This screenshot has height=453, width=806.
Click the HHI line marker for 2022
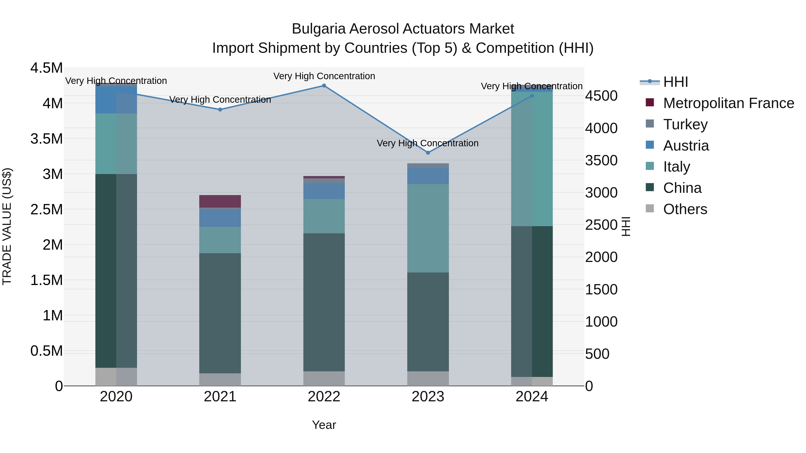coord(324,86)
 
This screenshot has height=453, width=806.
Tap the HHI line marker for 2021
coord(220,109)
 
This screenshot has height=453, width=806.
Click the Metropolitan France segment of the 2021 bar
coord(220,201)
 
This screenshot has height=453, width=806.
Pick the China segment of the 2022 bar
coord(324,302)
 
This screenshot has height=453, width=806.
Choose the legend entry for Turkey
coord(685,124)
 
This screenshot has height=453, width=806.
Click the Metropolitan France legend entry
coord(728,103)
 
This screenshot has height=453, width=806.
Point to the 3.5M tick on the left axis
coord(46,139)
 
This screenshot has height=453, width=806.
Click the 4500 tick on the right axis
coord(601,96)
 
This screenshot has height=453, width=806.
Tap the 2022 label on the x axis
coord(324,397)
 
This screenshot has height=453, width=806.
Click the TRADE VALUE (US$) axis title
coord(7,226)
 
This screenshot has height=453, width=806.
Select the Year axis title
coord(324,425)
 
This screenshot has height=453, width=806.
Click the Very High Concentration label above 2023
coord(427,143)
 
